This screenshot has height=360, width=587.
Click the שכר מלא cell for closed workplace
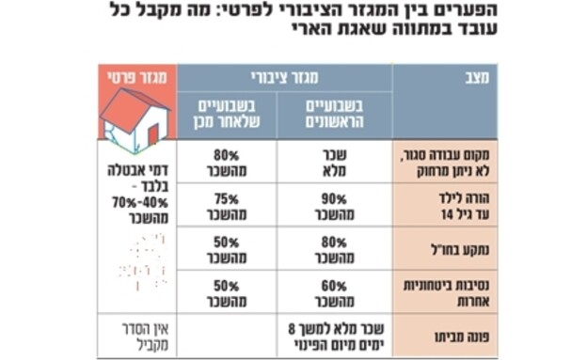click(335, 160)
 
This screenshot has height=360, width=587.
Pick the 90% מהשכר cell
click(335, 204)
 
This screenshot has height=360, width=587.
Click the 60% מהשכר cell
click(335, 292)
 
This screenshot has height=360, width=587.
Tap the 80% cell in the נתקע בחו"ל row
click(335, 248)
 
